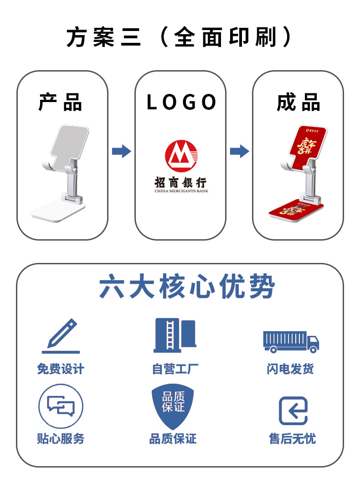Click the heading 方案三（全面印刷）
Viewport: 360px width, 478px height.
point(179,37)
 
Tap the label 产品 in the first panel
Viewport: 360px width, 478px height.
point(60,102)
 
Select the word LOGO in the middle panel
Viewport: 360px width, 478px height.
point(181,103)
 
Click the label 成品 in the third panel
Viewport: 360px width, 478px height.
point(298,102)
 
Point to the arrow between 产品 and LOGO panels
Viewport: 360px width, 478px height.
point(121,151)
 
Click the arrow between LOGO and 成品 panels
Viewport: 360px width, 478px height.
point(239,151)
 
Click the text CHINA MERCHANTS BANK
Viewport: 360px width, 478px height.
point(181,191)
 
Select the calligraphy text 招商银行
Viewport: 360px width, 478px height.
point(181,182)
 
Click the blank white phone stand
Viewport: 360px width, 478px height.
point(63,173)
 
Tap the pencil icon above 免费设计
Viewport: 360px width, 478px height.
point(61,336)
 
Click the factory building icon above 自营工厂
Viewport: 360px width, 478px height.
point(175,335)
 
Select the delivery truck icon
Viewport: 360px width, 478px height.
point(291,341)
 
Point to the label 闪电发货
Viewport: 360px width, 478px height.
point(290,369)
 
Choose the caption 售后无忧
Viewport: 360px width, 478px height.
point(292,439)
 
